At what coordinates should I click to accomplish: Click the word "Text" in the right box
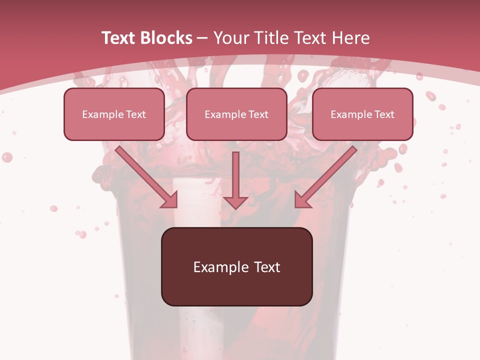point(384,114)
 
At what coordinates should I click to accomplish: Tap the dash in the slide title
point(202,38)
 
